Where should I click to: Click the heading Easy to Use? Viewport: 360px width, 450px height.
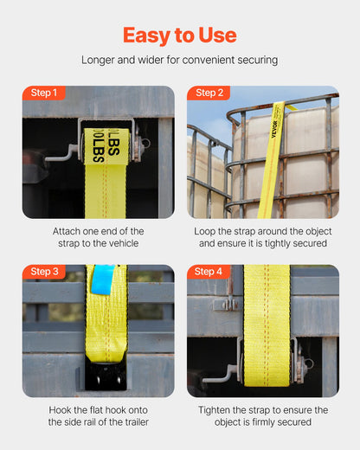coord(180,35)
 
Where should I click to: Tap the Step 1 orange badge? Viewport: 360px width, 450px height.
coord(43,93)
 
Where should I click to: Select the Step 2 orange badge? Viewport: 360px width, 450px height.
coord(209,93)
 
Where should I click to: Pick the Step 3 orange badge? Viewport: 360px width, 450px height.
coord(43,272)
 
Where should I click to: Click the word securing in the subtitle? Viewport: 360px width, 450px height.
coord(257,60)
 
